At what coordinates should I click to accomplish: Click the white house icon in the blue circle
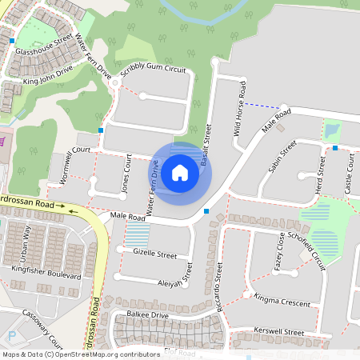coord(180,172)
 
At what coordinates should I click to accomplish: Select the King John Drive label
coord(48,75)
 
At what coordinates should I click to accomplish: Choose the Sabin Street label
coord(282,152)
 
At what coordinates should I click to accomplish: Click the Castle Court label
coord(349,174)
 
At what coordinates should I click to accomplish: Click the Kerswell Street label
coord(278,331)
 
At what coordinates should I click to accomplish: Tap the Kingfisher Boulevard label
coord(46,274)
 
